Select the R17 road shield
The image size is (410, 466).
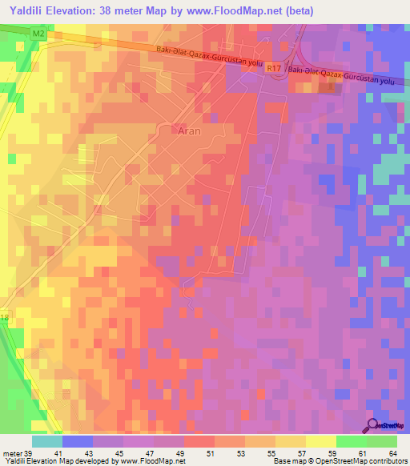coord(275,70)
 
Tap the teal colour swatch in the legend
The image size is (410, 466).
coord(46,441)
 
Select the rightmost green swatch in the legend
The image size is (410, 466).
coord(382,441)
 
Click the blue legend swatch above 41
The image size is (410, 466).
coord(78,441)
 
